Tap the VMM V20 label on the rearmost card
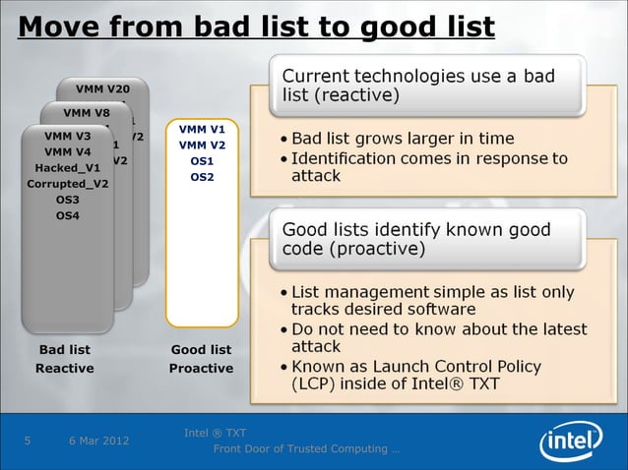coord(96,89)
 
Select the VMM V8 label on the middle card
coord(86,112)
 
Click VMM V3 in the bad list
coord(68,136)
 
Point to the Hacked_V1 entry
coord(68,167)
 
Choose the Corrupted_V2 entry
coord(68,184)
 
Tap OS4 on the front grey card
coord(68,215)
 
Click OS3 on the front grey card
coord(68,200)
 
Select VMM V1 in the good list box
coord(202,129)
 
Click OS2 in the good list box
coord(202,177)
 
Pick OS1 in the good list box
coord(202,161)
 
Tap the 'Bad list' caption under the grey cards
coord(65,349)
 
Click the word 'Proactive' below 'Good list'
coord(201,368)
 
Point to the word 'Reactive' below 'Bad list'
coord(65,368)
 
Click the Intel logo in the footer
coord(573,439)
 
